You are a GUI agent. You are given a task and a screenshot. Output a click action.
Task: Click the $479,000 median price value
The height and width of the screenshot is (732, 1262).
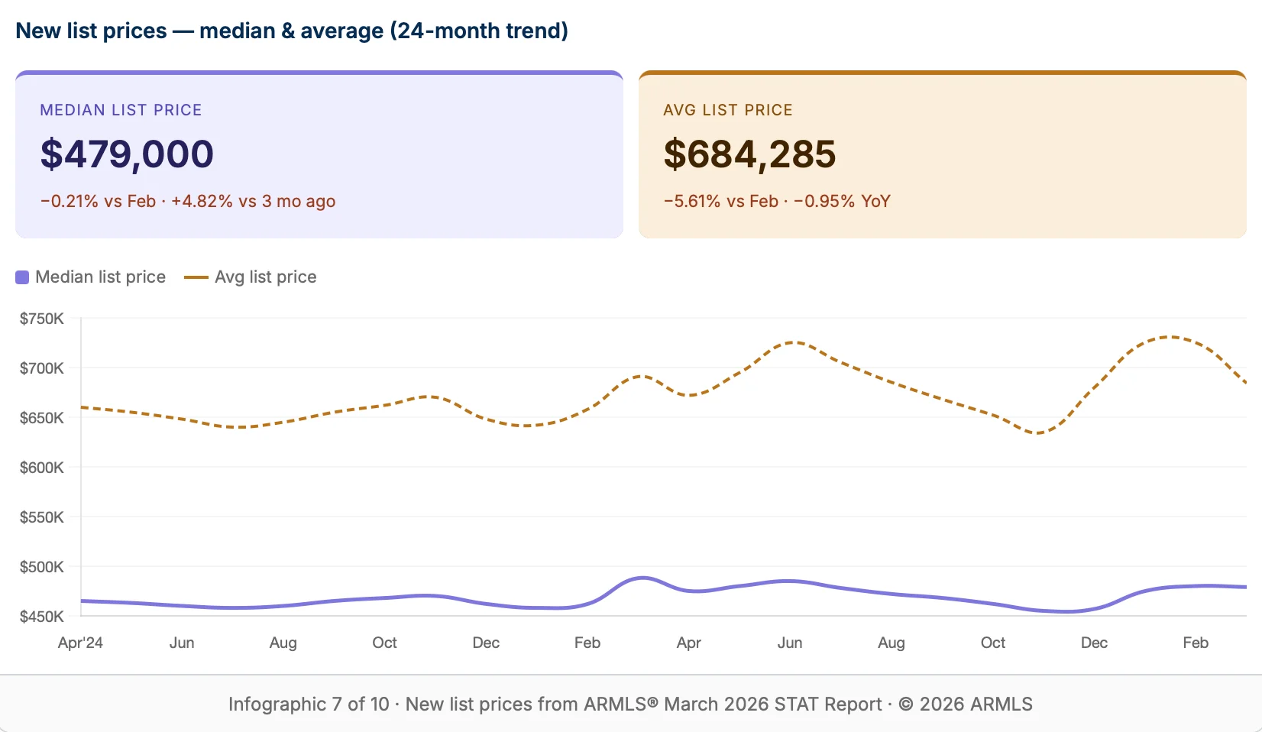pyautogui.click(x=127, y=154)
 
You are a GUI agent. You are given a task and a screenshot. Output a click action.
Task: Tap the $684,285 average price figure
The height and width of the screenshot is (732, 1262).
pyautogui.click(x=749, y=154)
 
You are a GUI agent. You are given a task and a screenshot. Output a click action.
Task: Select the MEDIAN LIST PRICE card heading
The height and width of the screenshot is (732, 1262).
pyautogui.click(x=121, y=110)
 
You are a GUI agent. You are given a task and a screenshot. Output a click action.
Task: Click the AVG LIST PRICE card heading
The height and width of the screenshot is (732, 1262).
pyautogui.click(x=727, y=110)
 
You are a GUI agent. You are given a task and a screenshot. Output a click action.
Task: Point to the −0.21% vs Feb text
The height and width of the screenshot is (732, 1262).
pyautogui.click(x=98, y=202)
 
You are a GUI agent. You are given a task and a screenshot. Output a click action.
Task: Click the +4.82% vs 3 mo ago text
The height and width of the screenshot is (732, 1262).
pyautogui.click(x=253, y=202)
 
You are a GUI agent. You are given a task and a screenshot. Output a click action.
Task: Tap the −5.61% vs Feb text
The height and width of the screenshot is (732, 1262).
pyautogui.click(x=720, y=202)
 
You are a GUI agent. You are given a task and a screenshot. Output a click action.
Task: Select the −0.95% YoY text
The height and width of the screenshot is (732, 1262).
pyautogui.click(x=842, y=202)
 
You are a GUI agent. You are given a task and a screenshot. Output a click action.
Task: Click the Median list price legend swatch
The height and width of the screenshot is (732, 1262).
pyautogui.click(x=22, y=277)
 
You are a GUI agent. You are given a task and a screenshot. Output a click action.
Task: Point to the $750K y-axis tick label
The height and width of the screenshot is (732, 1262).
pyautogui.click(x=42, y=319)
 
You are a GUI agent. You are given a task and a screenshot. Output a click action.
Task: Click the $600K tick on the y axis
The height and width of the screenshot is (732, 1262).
pyautogui.click(x=42, y=468)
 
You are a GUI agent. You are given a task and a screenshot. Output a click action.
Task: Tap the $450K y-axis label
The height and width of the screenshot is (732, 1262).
pyautogui.click(x=42, y=617)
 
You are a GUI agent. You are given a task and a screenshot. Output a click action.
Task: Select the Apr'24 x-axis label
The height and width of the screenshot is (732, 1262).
pyautogui.click(x=80, y=643)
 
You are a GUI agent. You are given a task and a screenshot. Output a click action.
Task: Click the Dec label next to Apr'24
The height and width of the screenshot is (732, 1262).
pyautogui.click(x=486, y=643)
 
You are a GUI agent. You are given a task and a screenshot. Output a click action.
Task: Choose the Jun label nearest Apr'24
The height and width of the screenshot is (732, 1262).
pyautogui.click(x=182, y=643)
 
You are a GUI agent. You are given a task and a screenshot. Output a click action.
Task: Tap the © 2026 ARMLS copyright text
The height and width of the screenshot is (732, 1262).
pyautogui.click(x=966, y=704)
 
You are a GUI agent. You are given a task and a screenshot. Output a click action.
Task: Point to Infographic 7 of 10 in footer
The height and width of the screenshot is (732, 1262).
pyautogui.click(x=309, y=704)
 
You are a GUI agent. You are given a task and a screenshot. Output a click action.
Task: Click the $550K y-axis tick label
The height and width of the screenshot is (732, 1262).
pyautogui.click(x=42, y=517)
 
